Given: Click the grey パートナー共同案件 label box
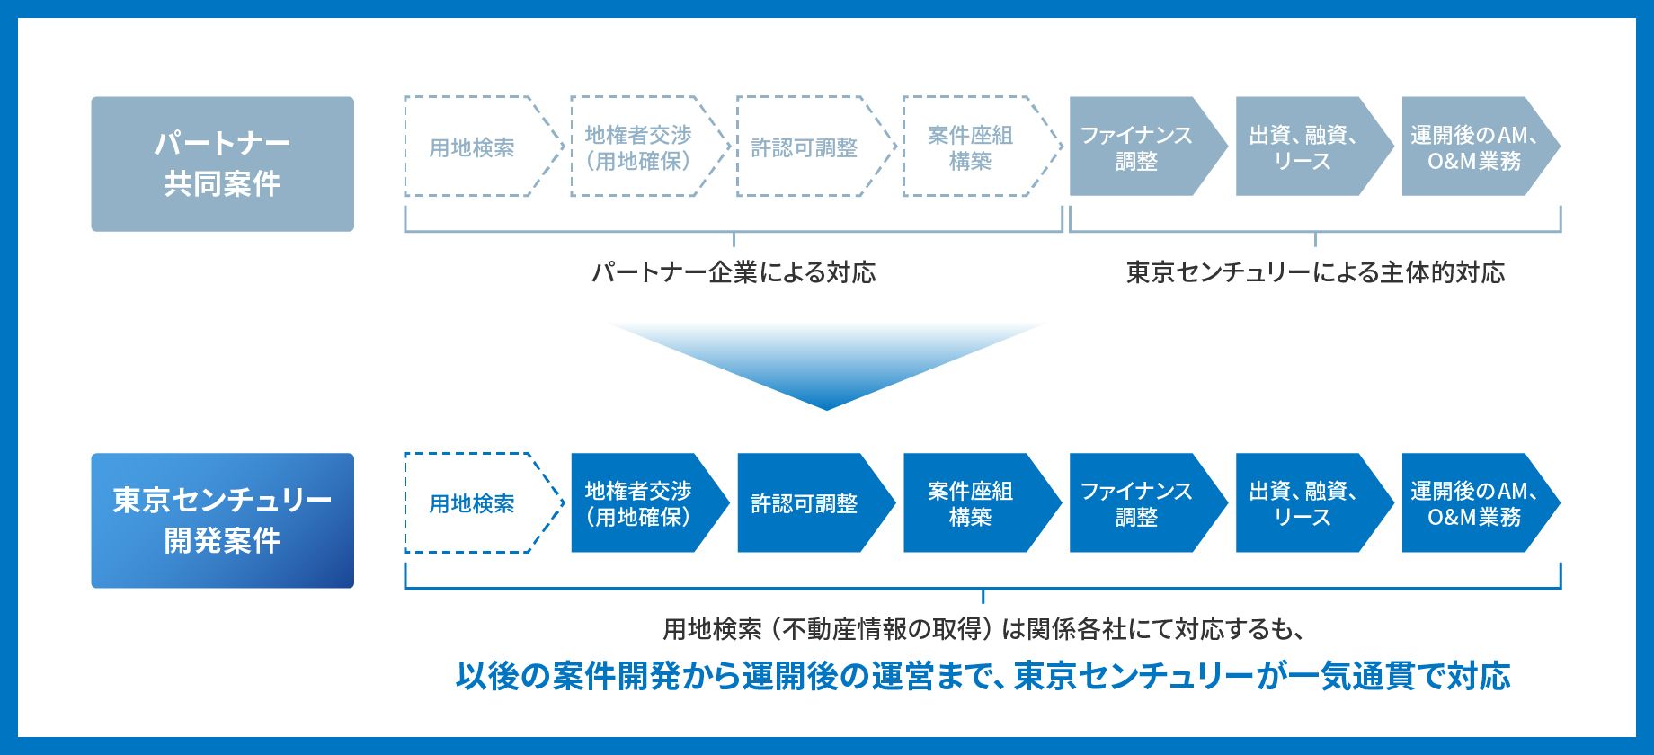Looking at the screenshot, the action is [x=222, y=164].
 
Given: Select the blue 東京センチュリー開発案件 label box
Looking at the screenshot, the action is [x=222, y=520].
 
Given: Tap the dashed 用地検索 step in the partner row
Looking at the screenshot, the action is [x=484, y=146].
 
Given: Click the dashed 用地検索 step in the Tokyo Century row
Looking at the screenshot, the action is [x=484, y=502].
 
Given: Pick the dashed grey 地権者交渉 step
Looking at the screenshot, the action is [x=650, y=146].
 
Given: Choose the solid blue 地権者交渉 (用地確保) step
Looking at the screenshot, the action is [x=650, y=502].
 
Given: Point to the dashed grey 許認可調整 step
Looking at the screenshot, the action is [x=816, y=146].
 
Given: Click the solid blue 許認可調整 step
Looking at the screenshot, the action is [x=816, y=502].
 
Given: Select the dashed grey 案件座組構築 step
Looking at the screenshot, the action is [x=983, y=146].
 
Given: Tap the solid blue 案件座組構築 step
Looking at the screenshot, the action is [x=983, y=502].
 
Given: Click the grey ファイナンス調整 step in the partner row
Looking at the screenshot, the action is [x=1148, y=146].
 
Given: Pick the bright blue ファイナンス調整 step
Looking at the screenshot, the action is [x=1148, y=502].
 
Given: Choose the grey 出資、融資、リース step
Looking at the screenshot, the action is [x=1314, y=146].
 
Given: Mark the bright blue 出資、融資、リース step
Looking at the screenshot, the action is [x=1314, y=502].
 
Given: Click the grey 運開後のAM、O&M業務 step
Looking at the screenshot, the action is [x=1481, y=146].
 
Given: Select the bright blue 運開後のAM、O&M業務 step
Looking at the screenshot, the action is [x=1481, y=502].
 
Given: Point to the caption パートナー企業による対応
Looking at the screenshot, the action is [x=734, y=272].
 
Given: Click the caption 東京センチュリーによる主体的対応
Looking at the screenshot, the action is [x=1315, y=272].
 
